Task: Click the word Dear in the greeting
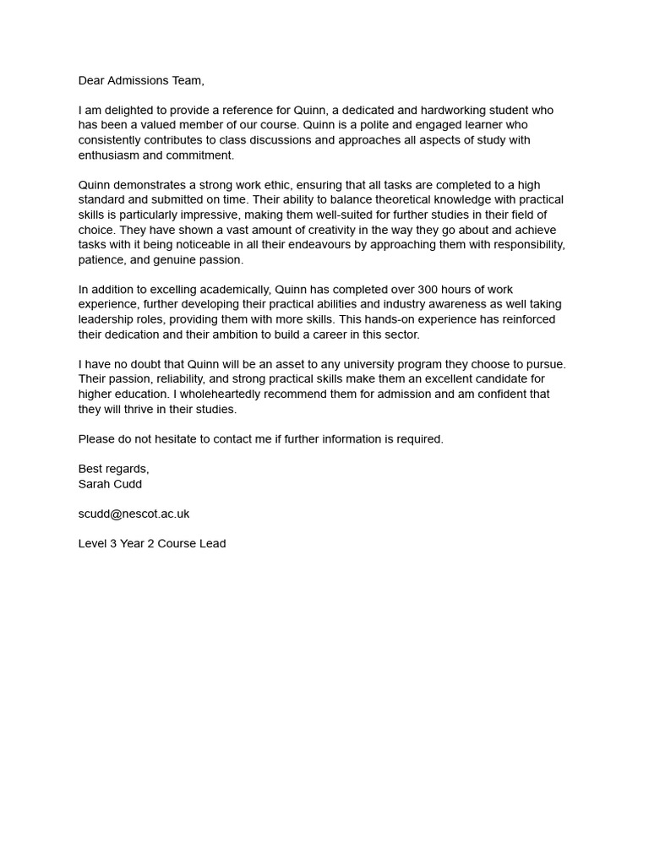92,81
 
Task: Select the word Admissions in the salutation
144,81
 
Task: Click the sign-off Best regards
113,469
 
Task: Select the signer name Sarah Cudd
110,484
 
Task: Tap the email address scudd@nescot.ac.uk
134,514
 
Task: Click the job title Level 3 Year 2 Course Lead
152,543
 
